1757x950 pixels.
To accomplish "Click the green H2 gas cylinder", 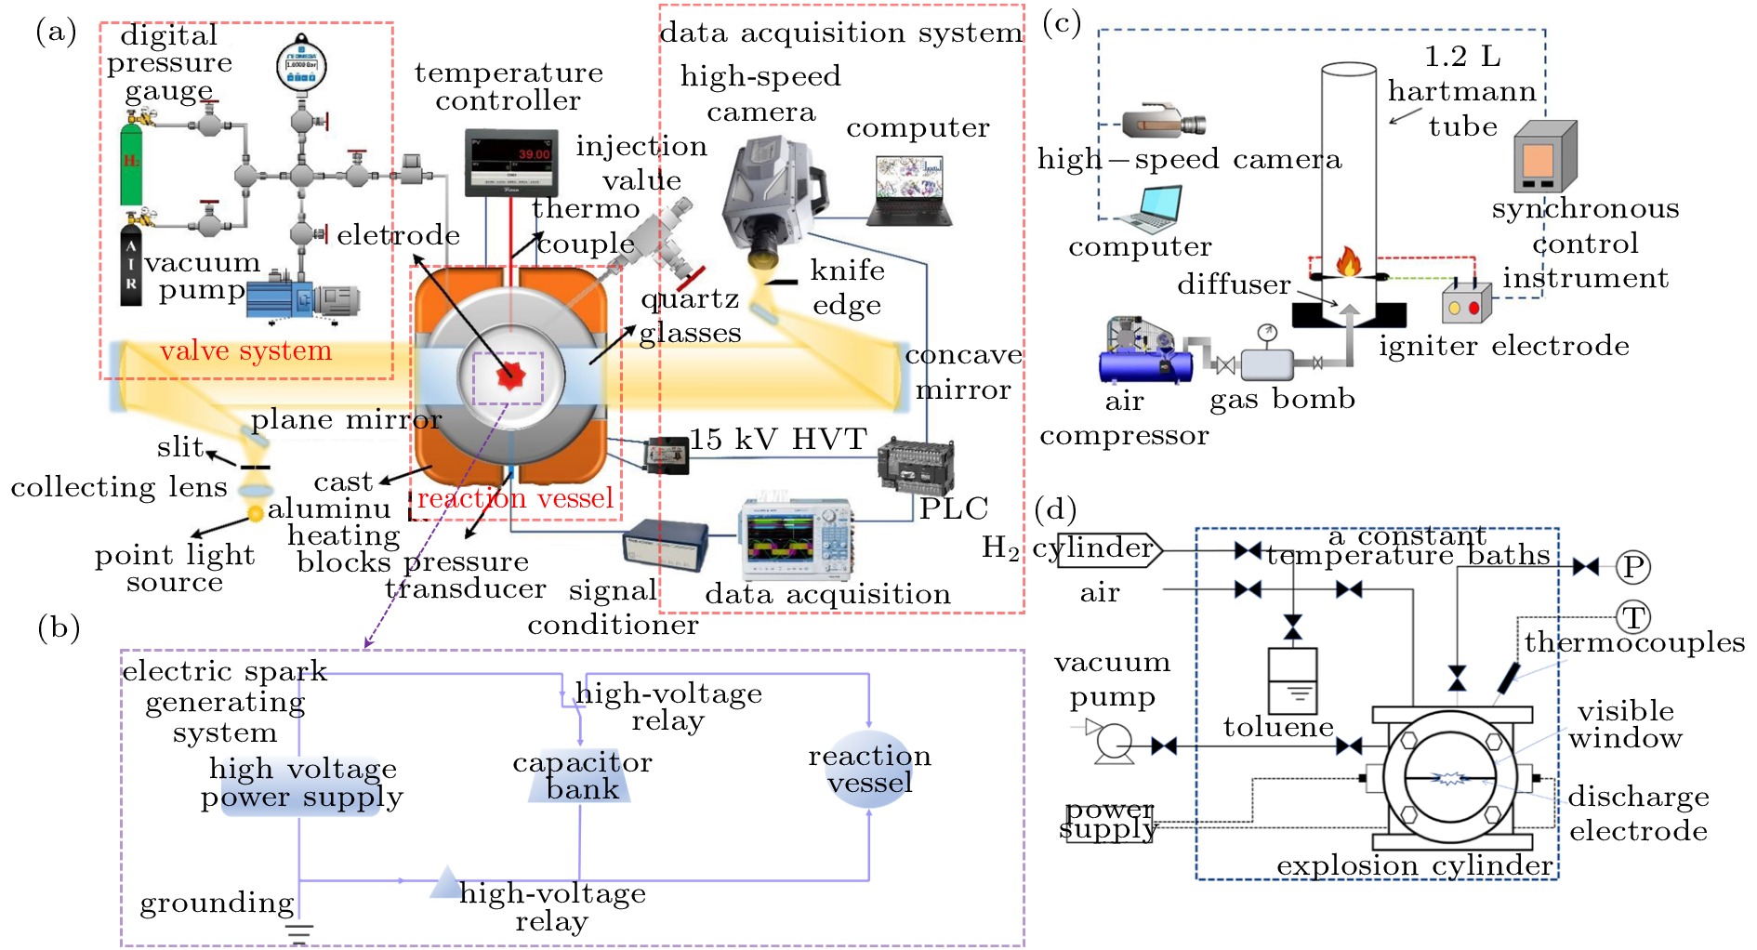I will pos(131,165).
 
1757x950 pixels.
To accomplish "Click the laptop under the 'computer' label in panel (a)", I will pos(908,191).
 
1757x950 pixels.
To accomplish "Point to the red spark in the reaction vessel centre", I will pos(509,376).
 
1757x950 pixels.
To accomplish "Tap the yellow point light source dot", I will pos(256,513).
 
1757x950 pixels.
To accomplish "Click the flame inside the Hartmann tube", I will pos(1348,261).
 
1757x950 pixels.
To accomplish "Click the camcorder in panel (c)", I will pos(1163,122).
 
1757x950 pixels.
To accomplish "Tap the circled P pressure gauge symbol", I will pos(1632,566).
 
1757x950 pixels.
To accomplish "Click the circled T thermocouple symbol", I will pos(1633,616).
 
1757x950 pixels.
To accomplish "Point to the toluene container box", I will pos(1292,680).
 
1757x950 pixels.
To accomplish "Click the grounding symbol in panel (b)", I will pos(299,932).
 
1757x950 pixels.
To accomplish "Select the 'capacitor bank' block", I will pos(581,776).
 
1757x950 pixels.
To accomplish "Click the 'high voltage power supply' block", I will pos(301,784).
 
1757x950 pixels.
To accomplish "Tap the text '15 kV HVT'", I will pos(778,439).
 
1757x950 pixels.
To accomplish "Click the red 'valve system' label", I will pos(245,350).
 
